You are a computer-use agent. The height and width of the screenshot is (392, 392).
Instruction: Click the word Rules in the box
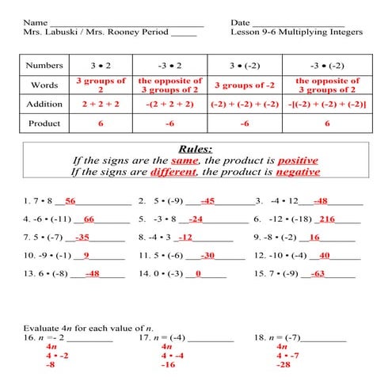196,147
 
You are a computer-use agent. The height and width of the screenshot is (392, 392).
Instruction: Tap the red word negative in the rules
297,171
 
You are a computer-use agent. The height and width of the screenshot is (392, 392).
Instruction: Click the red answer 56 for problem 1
70,201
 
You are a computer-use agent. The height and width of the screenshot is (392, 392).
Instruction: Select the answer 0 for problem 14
199,274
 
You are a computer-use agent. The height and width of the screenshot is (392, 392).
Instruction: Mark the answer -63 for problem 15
317,274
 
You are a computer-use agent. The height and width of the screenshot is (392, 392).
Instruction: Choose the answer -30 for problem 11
207,256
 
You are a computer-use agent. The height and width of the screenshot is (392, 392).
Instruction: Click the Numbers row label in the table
44,65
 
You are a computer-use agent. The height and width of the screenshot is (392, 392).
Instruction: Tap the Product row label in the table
44,124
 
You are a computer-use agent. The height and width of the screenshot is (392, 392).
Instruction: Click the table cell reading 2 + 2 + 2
101,104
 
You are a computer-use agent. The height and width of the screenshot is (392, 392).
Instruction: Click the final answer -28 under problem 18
283,366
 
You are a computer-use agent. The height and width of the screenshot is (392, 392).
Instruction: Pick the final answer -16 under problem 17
168,366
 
